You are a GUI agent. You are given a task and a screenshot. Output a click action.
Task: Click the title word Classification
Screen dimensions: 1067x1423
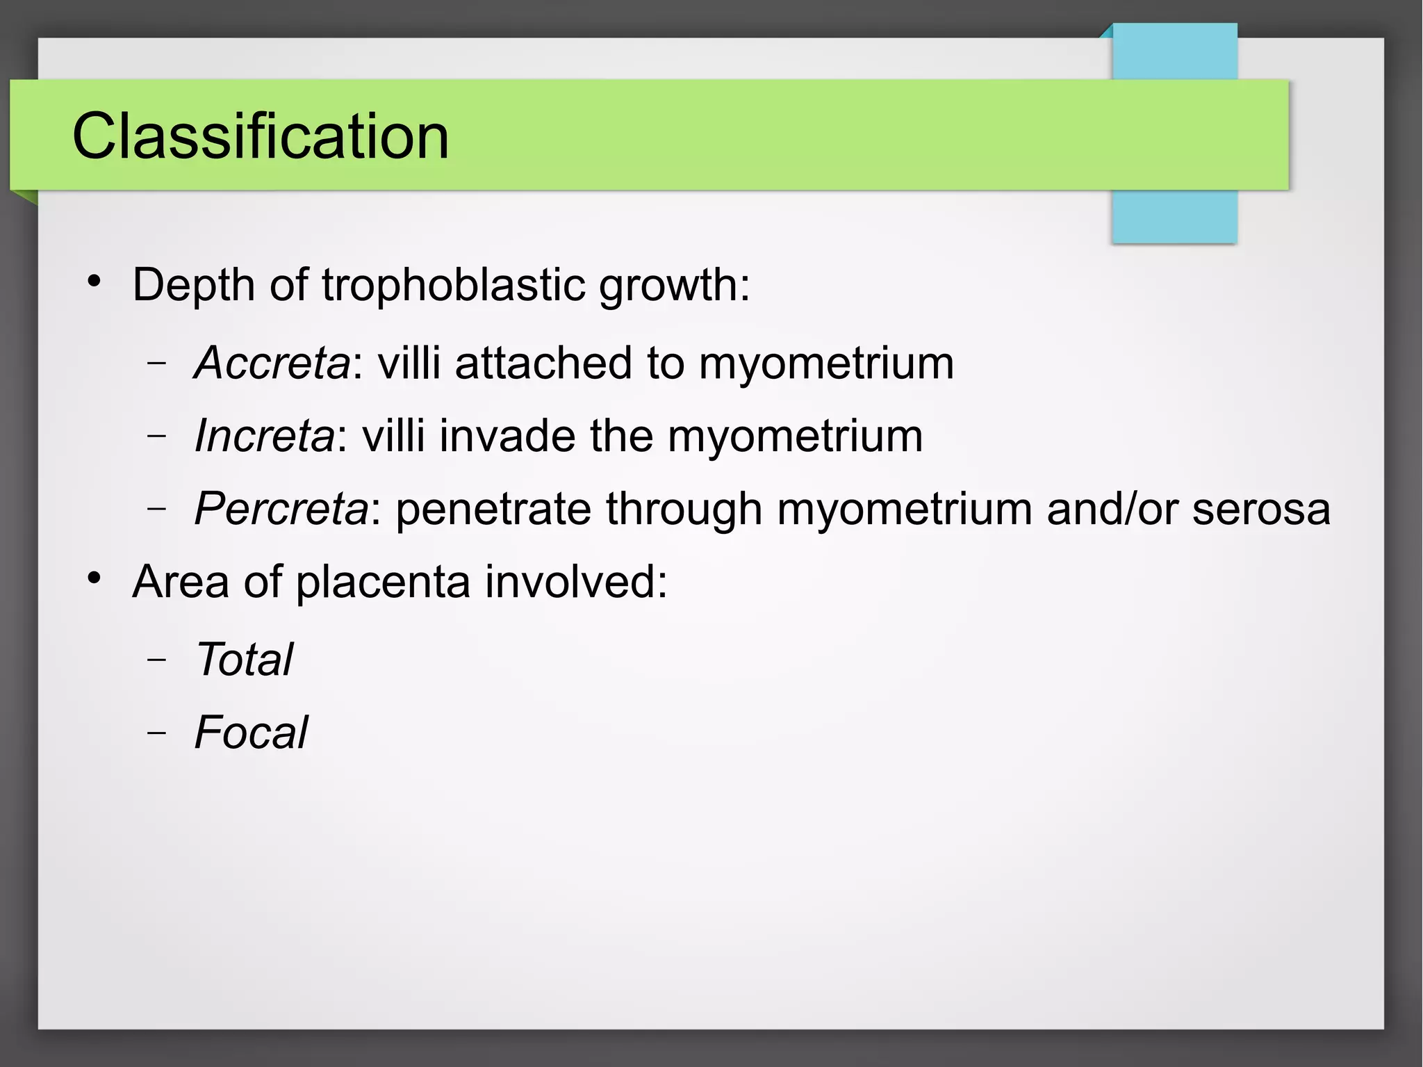[261, 136]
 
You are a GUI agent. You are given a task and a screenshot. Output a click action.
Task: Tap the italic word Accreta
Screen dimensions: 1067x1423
[272, 363]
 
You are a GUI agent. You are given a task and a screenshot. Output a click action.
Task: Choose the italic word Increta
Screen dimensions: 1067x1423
[264, 436]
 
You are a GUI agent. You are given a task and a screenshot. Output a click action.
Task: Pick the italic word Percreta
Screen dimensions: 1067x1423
[281, 509]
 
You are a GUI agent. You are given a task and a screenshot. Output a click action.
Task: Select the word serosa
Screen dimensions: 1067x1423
[1261, 509]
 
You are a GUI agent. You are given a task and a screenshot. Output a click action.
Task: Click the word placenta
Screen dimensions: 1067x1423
[383, 583]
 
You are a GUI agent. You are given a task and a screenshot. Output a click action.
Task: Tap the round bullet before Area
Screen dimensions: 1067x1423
[94, 578]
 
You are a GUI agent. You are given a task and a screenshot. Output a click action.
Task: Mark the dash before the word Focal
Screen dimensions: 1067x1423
[157, 733]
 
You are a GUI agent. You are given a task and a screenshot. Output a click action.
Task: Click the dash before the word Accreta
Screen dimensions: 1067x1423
[157, 363]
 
